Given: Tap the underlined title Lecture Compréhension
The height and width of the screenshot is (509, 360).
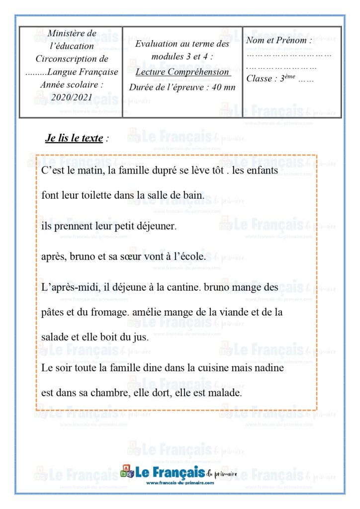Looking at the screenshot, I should pyautogui.click(x=182, y=72).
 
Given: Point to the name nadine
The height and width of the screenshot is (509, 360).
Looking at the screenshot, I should pyautogui.click(x=269, y=368).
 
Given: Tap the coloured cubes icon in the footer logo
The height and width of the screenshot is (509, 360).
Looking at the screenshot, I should pyautogui.click(x=127, y=471).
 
